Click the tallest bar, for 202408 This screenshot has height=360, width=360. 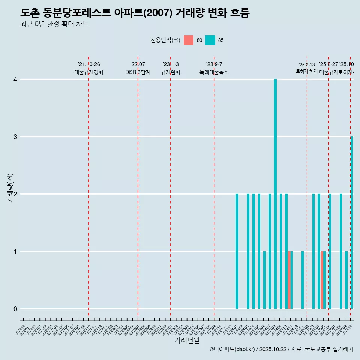click(275, 194)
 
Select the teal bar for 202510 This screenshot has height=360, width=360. click(352, 223)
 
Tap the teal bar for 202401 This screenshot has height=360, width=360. click(237, 251)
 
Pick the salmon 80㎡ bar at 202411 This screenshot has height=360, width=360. click(289, 280)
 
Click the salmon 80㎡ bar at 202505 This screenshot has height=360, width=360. click(322, 280)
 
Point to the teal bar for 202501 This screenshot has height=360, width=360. click(303, 280)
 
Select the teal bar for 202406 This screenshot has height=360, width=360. click(264, 280)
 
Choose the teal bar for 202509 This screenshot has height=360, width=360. click(346, 280)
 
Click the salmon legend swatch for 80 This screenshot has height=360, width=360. click(189, 40)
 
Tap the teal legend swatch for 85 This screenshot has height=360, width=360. click(210, 40)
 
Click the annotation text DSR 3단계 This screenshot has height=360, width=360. click(138, 72)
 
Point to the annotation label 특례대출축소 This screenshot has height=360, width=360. click(214, 72)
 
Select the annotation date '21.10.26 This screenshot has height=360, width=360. click(89, 64)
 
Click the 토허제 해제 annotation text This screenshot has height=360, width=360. click(307, 71)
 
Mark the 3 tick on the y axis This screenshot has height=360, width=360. click(15, 137)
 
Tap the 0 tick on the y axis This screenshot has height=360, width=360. click(15, 309)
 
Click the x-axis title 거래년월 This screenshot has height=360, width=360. click(187, 340)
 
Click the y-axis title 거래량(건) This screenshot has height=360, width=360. click(10, 188)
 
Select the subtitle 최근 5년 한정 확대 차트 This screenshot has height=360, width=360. click(55, 24)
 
